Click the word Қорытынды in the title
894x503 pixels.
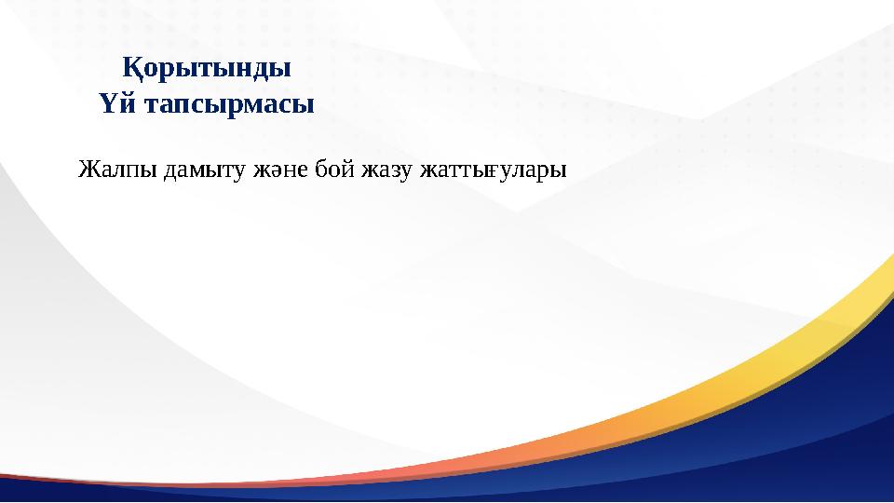pos(208,69)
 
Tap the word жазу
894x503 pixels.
pos(388,171)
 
